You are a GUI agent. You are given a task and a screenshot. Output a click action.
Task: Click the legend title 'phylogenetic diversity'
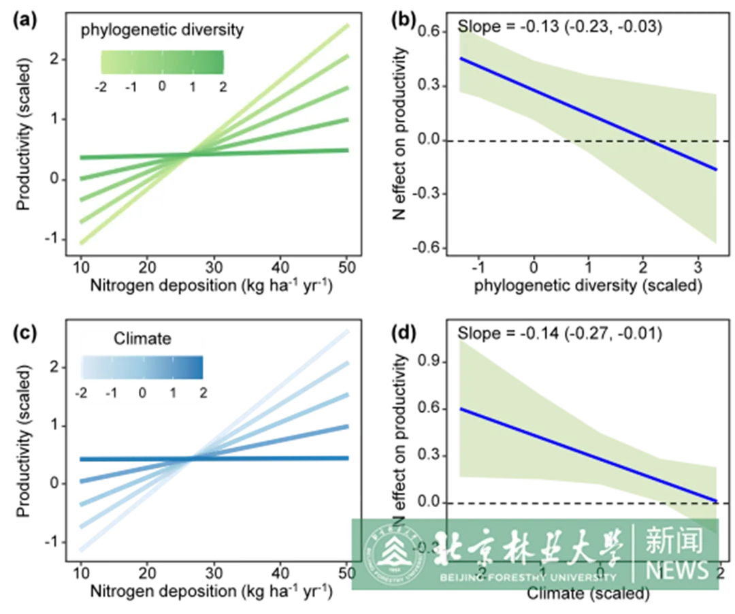pos(162,30)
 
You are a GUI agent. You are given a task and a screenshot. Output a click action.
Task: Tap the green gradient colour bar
pos(162,63)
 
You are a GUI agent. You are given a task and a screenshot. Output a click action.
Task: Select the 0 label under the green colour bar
pos(162,86)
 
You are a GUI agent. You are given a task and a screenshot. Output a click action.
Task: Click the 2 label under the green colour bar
pos(223,87)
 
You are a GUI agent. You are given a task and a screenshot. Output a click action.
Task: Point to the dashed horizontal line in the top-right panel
pos(681,141)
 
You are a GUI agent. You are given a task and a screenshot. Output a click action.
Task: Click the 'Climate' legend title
pos(142,338)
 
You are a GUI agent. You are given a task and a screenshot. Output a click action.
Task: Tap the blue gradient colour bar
pos(142,367)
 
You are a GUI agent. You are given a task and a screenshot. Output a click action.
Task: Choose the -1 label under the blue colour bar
pos(112,393)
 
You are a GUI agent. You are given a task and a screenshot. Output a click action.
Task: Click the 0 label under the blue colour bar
pos(142,393)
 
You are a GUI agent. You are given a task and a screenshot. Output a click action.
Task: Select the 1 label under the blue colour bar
pos(173,393)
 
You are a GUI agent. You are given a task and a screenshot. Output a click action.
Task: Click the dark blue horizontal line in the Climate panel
pos(272,458)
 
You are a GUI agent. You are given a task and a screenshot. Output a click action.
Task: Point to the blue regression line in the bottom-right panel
pos(585,453)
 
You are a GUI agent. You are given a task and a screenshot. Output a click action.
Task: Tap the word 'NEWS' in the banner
pos(677,569)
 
